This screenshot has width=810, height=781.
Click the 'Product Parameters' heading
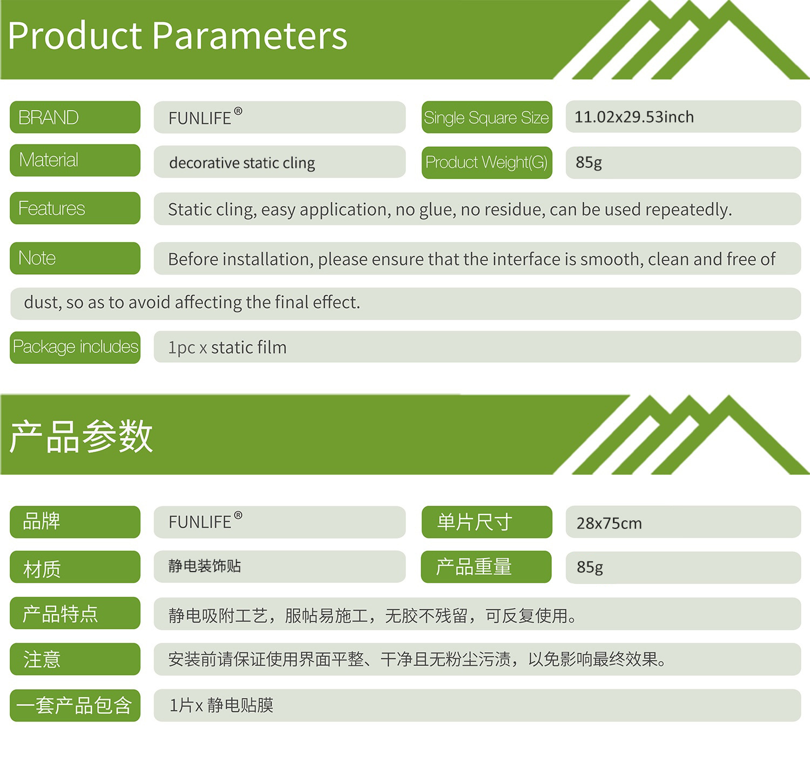click(177, 37)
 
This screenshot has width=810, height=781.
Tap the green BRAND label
click(75, 117)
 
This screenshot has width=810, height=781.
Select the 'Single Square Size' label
click(487, 117)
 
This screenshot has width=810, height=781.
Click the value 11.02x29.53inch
click(634, 117)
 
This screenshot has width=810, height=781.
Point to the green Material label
click(75, 160)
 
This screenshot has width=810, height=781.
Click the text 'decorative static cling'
click(242, 163)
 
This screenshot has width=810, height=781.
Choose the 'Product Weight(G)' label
click(487, 162)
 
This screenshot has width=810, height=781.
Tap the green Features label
click(75, 208)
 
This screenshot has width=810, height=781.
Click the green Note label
click(75, 258)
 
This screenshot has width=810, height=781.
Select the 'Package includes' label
click(75, 347)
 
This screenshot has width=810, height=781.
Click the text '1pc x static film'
click(227, 348)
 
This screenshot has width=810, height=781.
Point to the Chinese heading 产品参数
click(82, 436)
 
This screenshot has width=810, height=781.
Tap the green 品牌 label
click(75, 522)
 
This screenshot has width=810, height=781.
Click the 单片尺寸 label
click(487, 522)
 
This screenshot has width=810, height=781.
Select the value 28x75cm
click(609, 523)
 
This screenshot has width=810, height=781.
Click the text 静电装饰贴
click(205, 566)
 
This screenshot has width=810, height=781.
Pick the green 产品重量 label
click(486, 567)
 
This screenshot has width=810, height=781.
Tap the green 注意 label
click(75, 659)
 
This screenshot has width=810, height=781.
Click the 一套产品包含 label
click(75, 705)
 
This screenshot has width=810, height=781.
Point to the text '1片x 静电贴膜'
click(221, 705)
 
